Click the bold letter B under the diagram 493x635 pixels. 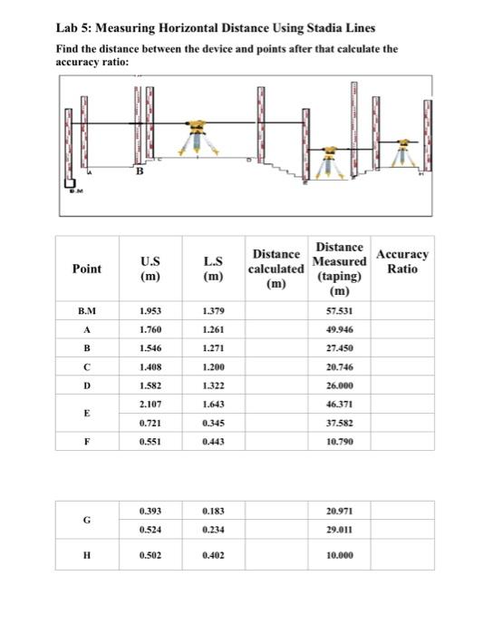tap(139, 168)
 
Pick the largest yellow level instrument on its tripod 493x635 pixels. tap(198, 136)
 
